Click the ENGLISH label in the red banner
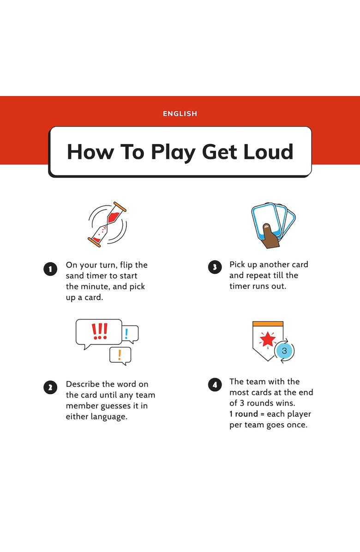click(180, 114)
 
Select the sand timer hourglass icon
click(107, 224)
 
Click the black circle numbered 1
click(50, 269)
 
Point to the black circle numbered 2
click(50, 388)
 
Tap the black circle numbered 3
click(215, 267)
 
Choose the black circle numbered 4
click(215, 384)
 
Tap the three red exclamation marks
click(99, 331)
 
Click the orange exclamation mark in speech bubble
click(120, 355)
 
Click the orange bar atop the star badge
click(268, 324)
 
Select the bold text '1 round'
click(244, 414)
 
